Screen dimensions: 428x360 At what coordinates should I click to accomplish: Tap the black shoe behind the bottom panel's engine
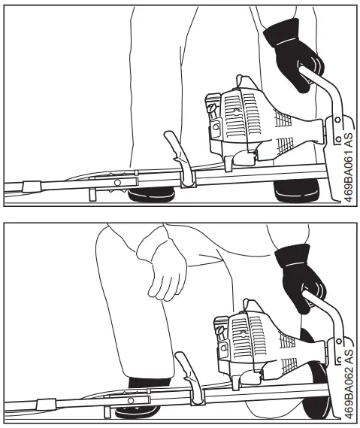316,391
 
